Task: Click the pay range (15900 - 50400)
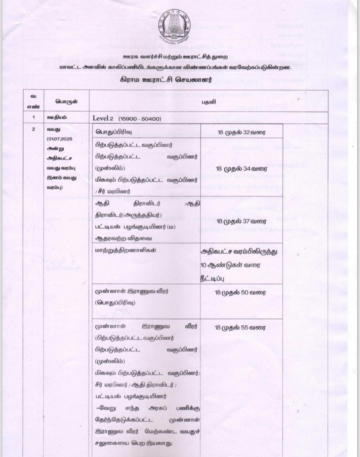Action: click(x=139, y=119)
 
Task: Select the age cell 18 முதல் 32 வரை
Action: click(x=241, y=132)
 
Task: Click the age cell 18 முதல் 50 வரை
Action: click(x=240, y=293)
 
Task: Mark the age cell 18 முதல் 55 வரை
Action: click(x=240, y=328)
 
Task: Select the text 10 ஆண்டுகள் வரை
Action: click(x=226, y=265)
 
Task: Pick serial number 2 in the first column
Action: click(x=34, y=129)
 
